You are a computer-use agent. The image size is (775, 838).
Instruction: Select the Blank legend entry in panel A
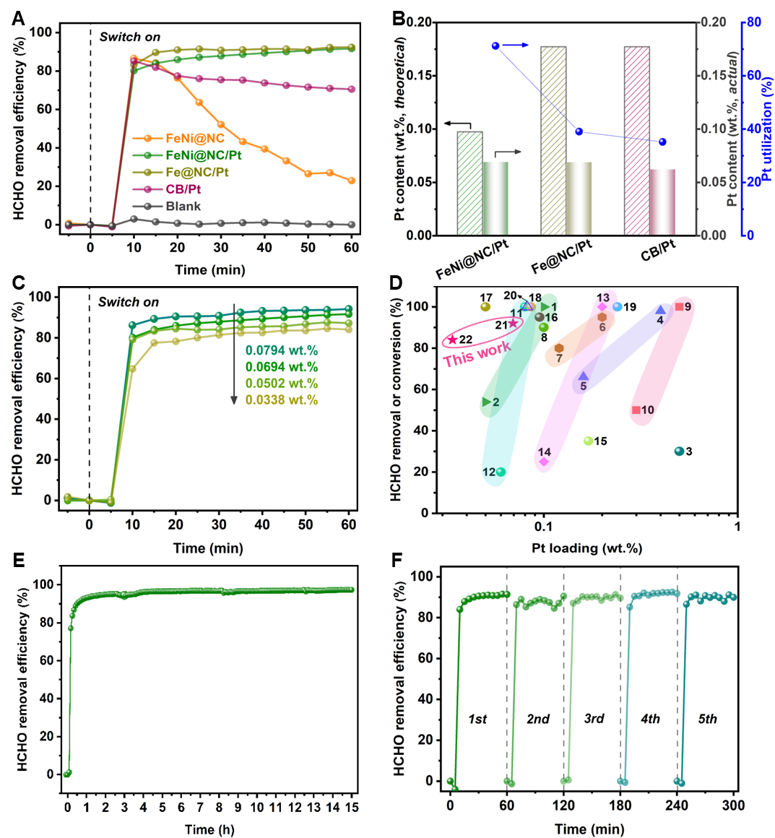183,206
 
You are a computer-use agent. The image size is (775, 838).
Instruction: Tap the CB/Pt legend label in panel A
183,189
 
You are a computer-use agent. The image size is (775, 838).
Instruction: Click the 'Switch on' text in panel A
130,37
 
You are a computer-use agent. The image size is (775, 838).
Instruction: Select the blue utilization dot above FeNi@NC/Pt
495,46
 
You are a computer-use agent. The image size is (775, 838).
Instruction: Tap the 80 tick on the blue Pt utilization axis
754,22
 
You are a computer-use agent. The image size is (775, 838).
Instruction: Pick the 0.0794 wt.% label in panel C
282,350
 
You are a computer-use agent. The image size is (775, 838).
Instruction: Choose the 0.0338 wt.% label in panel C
282,400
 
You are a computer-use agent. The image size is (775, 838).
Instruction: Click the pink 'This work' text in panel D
477,354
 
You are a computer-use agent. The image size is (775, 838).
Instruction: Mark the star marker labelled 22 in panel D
453,340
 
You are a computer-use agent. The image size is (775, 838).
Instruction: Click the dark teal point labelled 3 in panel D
679,452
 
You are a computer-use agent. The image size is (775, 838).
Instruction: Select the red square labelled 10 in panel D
636,410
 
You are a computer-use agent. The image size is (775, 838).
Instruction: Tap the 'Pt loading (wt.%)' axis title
586,548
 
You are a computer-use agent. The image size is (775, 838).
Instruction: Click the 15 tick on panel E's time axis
352,807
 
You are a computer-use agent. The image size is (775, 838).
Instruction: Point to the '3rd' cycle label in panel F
594,719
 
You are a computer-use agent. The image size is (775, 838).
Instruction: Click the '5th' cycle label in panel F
708,719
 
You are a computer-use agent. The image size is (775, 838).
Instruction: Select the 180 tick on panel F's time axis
620,805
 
